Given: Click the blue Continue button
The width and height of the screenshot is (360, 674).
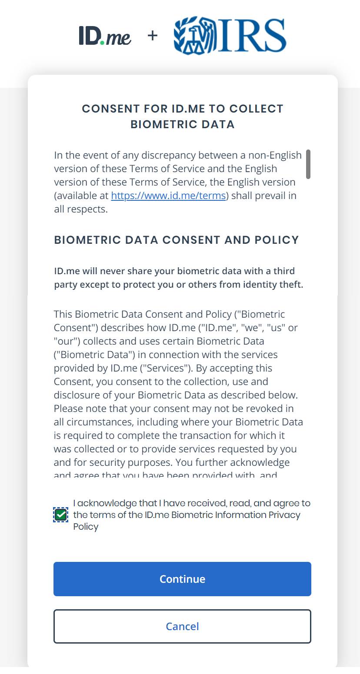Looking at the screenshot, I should click(182, 579).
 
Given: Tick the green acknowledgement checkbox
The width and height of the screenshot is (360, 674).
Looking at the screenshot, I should click(61, 515).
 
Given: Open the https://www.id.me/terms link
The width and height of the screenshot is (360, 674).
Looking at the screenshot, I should click(168, 196).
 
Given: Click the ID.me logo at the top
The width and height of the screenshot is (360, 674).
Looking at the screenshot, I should click(105, 36).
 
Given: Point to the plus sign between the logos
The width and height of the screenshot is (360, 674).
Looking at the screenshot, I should click(152, 36).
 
